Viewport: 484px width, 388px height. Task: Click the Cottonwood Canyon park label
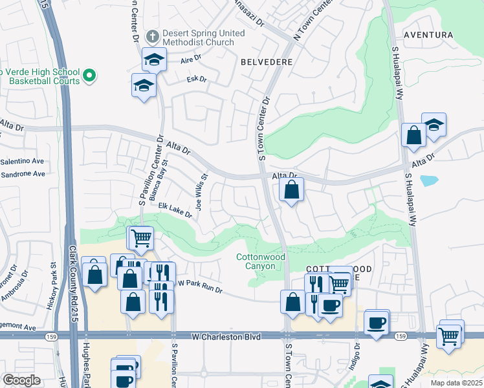[261, 261]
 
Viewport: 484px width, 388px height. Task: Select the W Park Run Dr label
[200, 287]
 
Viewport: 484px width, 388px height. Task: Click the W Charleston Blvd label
[226, 336]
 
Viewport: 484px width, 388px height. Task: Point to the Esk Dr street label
[196, 80]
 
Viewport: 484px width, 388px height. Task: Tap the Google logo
[22, 380]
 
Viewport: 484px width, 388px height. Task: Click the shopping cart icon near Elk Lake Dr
[141, 237]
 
